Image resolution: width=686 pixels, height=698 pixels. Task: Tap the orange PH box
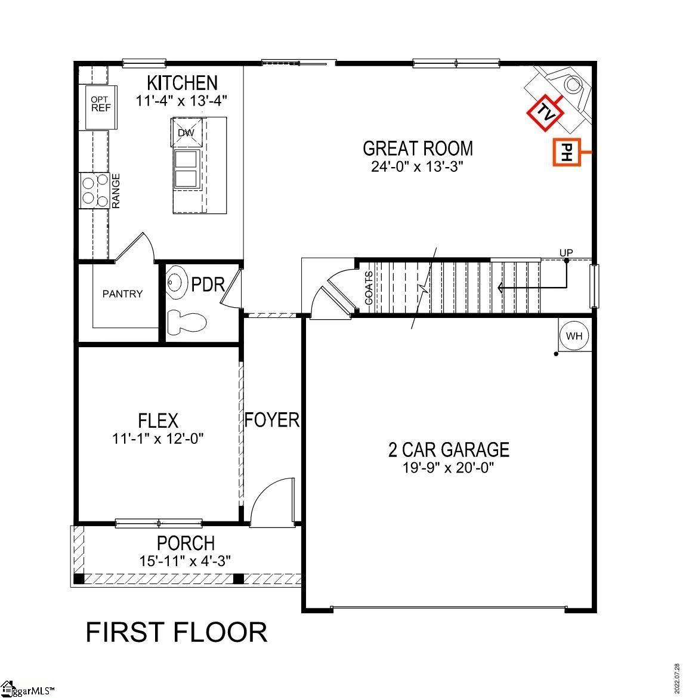coord(567,152)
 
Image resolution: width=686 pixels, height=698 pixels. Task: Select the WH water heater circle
coord(574,336)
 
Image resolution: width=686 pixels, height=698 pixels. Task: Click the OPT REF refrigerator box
coord(101,107)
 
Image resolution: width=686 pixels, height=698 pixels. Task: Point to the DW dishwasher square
coord(187,132)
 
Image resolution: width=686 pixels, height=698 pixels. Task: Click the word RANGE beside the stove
coord(116,190)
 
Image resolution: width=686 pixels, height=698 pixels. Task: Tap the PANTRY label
coord(122,294)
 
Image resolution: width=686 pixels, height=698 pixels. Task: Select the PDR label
coord(208,285)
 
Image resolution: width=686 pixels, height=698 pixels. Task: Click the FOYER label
coord(272,420)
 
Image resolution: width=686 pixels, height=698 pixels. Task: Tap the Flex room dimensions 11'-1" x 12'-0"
coord(157,439)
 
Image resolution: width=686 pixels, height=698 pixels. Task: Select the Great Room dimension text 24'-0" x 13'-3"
coord(418,166)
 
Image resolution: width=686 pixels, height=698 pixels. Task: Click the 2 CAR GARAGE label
coord(449,450)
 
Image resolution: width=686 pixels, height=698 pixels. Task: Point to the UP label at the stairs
coord(566,253)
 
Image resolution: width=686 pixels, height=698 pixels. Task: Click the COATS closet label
coord(369,288)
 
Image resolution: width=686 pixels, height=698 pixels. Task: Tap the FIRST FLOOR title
coord(177,632)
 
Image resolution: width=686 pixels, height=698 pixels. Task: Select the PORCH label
coord(186,543)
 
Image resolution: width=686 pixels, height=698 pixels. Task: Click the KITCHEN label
coord(182,83)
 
